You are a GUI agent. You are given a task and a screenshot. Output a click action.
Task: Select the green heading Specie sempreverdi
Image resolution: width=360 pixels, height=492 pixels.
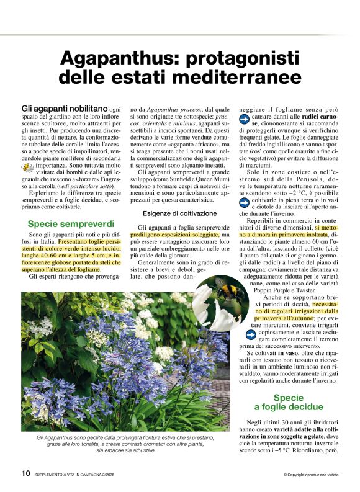pos(71,222)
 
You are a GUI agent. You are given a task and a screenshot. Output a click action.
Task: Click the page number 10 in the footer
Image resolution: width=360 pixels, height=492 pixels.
pos(25,474)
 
